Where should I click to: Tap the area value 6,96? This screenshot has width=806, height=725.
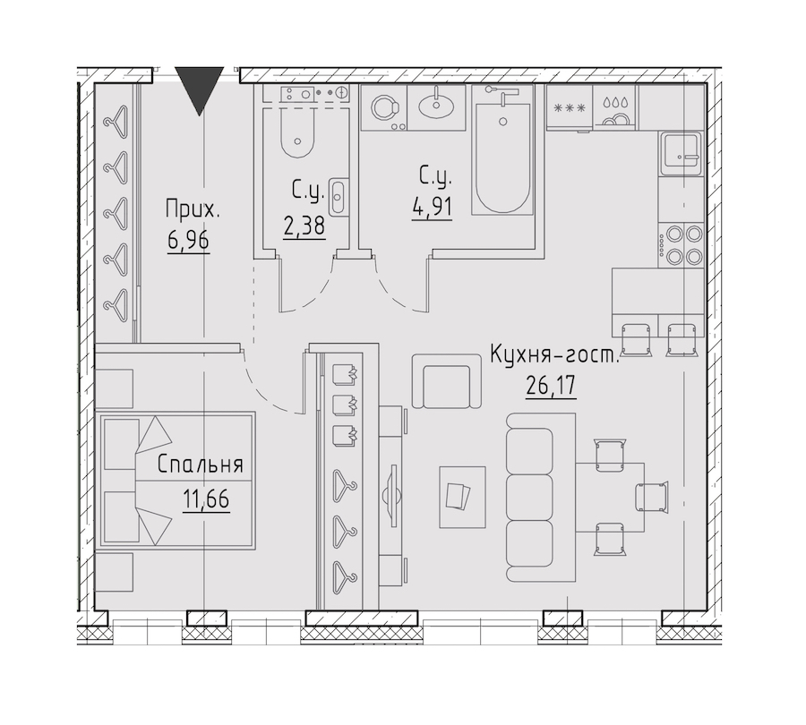pyautogui.click(x=188, y=240)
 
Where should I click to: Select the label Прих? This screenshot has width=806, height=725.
pyautogui.click(x=193, y=209)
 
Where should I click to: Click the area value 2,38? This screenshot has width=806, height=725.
pyautogui.click(x=304, y=226)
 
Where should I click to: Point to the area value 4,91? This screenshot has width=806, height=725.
pyautogui.click(x=432, y=208)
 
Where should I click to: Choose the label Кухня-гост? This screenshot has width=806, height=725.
pyautogui.click(x=555, y=354)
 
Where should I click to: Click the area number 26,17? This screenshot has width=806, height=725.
pyautogui.click(x=551, y=385)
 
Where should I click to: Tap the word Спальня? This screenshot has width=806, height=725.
pyautogui.click(x=200, y=465)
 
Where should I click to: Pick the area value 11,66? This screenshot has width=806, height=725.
pyautogui.click(x=206, y=499)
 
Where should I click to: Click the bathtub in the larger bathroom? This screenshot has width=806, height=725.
pyautogui.click(x=502, y=151)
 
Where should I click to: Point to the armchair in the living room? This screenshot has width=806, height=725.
pyautogui.click(x=446, y=381)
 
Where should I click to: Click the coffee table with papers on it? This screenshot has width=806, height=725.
pyautogui.click(x=462, y=497)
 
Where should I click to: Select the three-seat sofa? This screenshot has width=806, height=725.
pyautogui.click(x=540, y=497)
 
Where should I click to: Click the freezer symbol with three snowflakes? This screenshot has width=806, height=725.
pyautogui.click(x=569, y=108)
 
